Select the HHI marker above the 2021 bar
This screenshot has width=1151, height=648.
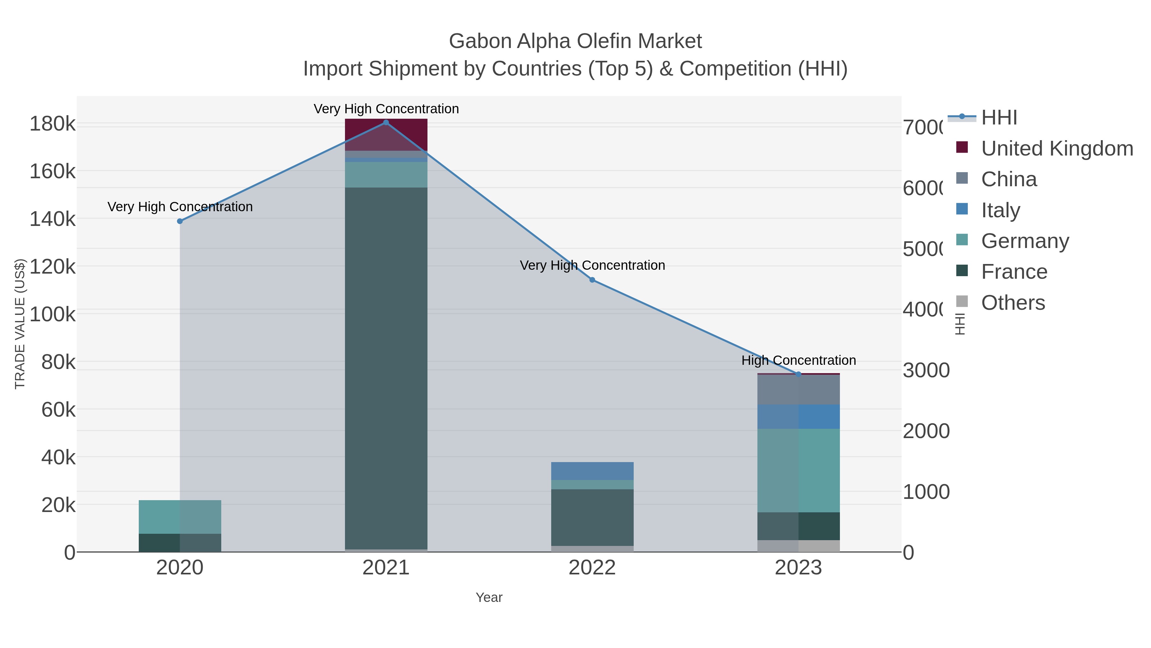[386, 123]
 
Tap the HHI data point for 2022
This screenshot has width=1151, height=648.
[592, 280]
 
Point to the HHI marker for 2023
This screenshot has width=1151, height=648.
[798, 374]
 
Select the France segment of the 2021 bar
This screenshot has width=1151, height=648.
[386, 367]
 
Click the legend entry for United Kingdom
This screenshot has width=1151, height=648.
[1056, 148]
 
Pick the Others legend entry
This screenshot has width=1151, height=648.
[1013, 303]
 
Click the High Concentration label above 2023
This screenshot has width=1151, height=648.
[798, 360]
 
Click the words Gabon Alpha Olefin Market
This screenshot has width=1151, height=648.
[575, 41]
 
